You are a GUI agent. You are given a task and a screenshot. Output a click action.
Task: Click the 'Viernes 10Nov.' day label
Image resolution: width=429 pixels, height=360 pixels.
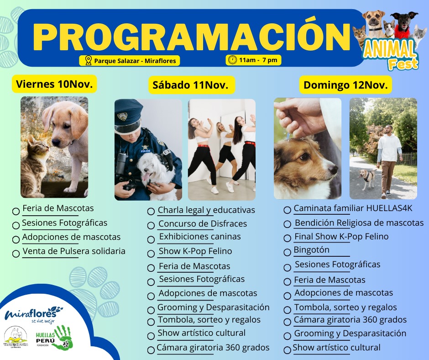pos(54,84)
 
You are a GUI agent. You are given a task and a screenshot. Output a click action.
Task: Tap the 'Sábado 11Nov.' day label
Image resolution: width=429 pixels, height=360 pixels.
pos(190,85)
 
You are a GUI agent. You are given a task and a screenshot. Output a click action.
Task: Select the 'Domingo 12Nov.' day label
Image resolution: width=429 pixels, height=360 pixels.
pos(345,85)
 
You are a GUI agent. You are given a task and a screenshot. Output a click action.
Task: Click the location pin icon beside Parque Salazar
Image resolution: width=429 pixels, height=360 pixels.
pos(88,60)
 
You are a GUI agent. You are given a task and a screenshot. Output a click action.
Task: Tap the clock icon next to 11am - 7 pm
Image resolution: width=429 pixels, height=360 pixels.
pos(232,60)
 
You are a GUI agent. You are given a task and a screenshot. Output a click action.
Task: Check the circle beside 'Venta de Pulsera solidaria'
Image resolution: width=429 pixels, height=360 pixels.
pos(16,254)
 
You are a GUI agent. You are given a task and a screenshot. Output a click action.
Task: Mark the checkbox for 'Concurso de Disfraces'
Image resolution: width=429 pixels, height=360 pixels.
pos(151,226)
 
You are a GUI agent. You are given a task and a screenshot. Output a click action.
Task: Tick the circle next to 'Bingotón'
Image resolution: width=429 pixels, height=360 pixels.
pos(287,252)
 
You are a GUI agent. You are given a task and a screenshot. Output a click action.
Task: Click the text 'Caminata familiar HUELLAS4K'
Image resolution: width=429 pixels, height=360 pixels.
pos(353,208)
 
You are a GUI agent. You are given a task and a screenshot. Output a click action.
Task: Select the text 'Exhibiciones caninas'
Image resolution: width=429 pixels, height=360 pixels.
pos(200,237)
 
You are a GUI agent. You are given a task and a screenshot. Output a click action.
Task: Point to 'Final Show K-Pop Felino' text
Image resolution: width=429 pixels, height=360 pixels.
pos(341,237)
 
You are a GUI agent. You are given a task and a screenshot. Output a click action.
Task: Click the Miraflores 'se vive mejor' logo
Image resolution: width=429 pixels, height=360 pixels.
pos(33,314)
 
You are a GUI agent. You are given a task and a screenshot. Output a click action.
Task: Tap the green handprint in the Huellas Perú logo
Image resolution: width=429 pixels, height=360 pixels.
pos(63,338)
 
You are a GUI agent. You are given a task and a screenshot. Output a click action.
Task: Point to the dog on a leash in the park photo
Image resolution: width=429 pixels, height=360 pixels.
pos(367,178)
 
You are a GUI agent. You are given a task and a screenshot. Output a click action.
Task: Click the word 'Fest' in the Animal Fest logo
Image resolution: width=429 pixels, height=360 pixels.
pos(403,64)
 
